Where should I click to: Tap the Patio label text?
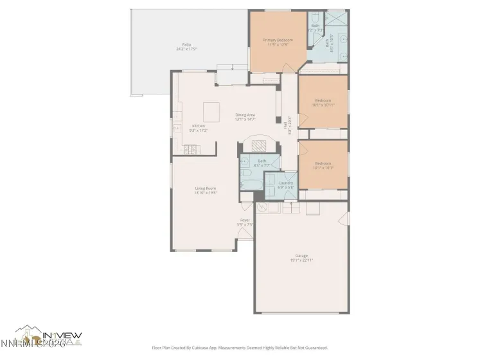pyautogui.click(x=186, y=45)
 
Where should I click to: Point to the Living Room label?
pyautogui.click(x=206, y=188)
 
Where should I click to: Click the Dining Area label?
pyautogui.click(x=245, y=114)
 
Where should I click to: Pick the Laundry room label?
pyautogui.click(x=286, y=183)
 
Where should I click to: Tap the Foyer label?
pyautogui.click(x=245, y=221)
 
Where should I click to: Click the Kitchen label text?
pyautogui.click(x=199, y=126)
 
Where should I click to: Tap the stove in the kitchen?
pyautogui.click(x=191, y=150)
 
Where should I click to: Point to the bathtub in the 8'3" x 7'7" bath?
pyautogui.click(x=249, y=183)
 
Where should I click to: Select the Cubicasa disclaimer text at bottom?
pyautogui.click(x=240, y=347)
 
